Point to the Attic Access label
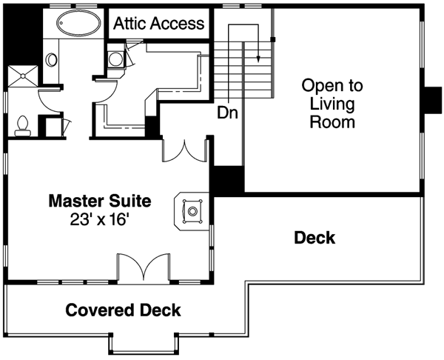tap(158, 23)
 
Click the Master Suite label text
tap(99, 201)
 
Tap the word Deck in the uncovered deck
tap(314, 238)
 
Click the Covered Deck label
tap(123, 310)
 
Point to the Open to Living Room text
tap(328, 104)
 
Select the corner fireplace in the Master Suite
tap(192, 211)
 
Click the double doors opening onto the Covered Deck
tap(144, 268)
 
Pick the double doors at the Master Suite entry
tap(184, 150)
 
